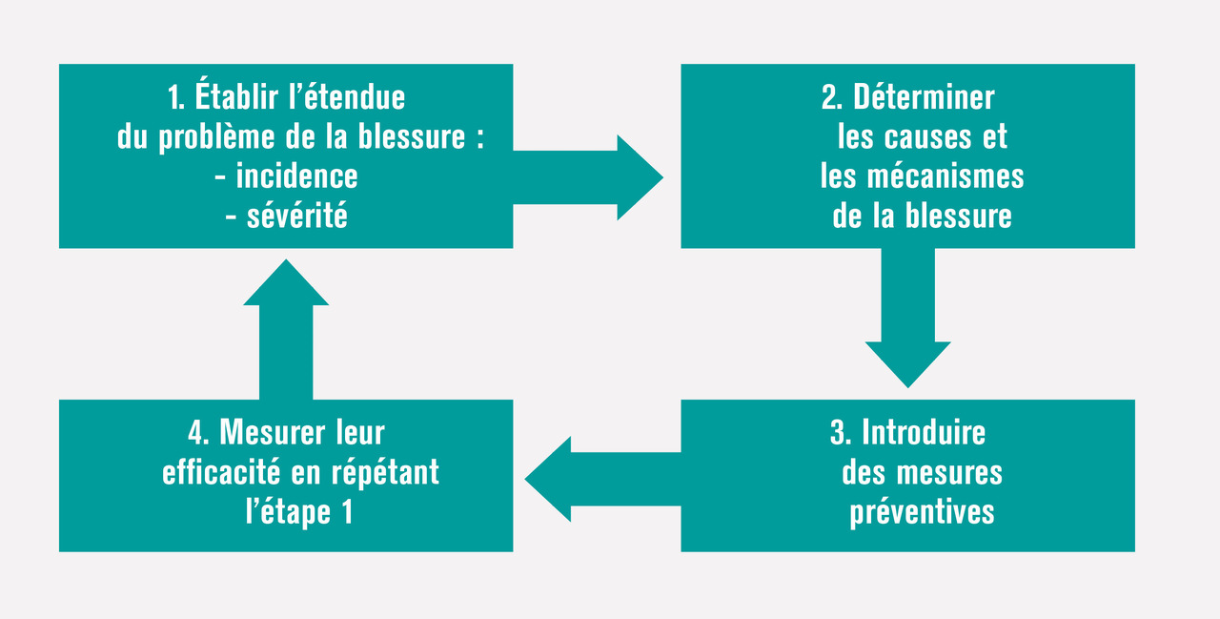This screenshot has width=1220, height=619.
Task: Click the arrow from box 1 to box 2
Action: pos(588,177)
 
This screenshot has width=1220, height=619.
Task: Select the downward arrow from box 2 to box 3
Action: pos(908,319)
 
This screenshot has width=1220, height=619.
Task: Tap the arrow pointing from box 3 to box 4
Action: pos(603,479)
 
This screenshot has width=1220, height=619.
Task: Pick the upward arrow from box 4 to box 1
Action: pos(286,330)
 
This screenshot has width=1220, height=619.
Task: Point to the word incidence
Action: pos(296,176)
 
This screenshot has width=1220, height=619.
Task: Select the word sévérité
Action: pos(296,216)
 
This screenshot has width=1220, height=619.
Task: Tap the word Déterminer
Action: pos(924,97)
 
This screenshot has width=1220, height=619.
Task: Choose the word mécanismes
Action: pos(945,176)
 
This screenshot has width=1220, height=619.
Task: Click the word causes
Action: pos(928,136)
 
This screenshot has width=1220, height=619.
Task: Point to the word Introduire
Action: pos(924,433)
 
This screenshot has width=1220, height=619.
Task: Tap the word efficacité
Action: pos(221,471)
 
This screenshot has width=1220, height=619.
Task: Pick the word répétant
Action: pos(385,472)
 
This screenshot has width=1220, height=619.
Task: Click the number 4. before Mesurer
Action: pos(198,433)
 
